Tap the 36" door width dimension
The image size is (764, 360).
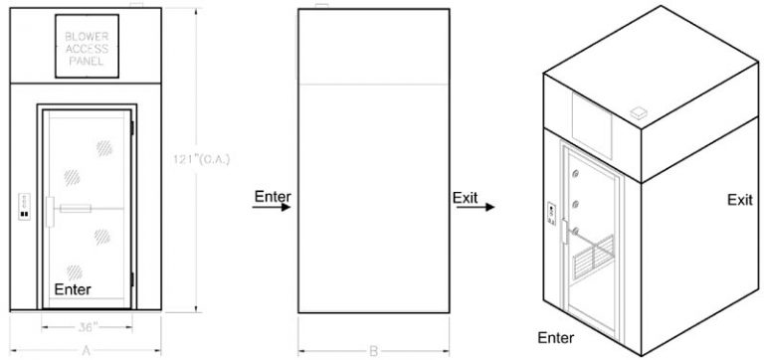85,325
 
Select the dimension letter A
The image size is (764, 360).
88,349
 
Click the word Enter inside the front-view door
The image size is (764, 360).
73,289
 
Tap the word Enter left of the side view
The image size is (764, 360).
272,195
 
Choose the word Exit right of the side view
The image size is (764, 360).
466,196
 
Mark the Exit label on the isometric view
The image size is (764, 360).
739,200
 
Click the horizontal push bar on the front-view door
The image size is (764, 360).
89,209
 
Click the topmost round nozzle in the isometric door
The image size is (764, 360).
575,176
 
